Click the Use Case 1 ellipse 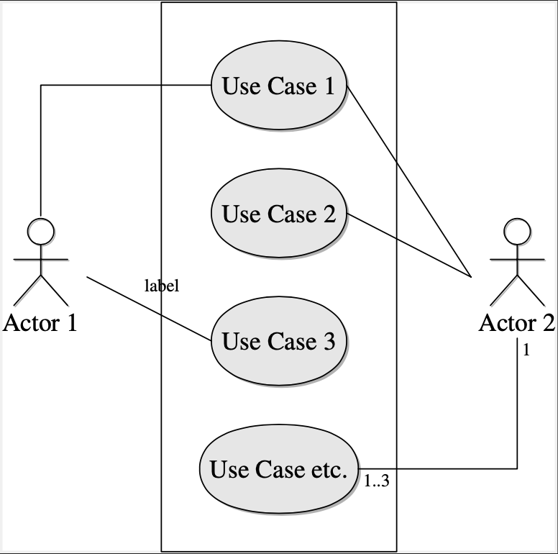tap(278, 87)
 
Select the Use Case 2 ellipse tap(278, 214)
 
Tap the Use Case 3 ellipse tap(278, 341)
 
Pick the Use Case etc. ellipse tap(278, 469)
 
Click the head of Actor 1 tap(41, 230)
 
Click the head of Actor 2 tap(517, 230)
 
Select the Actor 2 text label tap(517, 323)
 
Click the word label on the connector tap(162, 286)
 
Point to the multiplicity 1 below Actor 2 tap(526, 350)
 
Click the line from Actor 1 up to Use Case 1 tap(41, 144)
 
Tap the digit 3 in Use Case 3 tap(328, 341)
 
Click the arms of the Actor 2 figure tap(517, 257)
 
